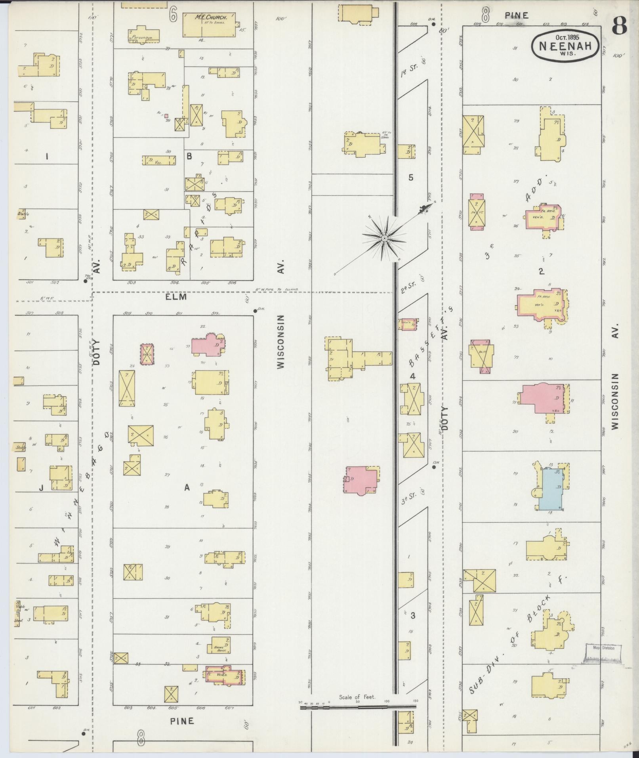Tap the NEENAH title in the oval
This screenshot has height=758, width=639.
click(565, 46)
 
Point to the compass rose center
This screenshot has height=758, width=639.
click(384, 238)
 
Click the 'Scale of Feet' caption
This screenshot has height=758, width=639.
click(357, 697)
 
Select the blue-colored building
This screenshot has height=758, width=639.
click(551, 489)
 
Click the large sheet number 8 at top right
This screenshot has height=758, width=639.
click(620, 27)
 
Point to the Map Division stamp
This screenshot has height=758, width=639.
click(603, 648)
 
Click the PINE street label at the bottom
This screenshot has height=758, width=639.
click(182, 721)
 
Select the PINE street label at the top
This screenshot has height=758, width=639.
click(517, 15)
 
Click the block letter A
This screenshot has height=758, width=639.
click(187, 488)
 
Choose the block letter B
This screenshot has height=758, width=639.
click(189, 157)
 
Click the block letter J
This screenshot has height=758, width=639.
click(41, 488)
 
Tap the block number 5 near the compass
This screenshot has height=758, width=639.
click(411, 177)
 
